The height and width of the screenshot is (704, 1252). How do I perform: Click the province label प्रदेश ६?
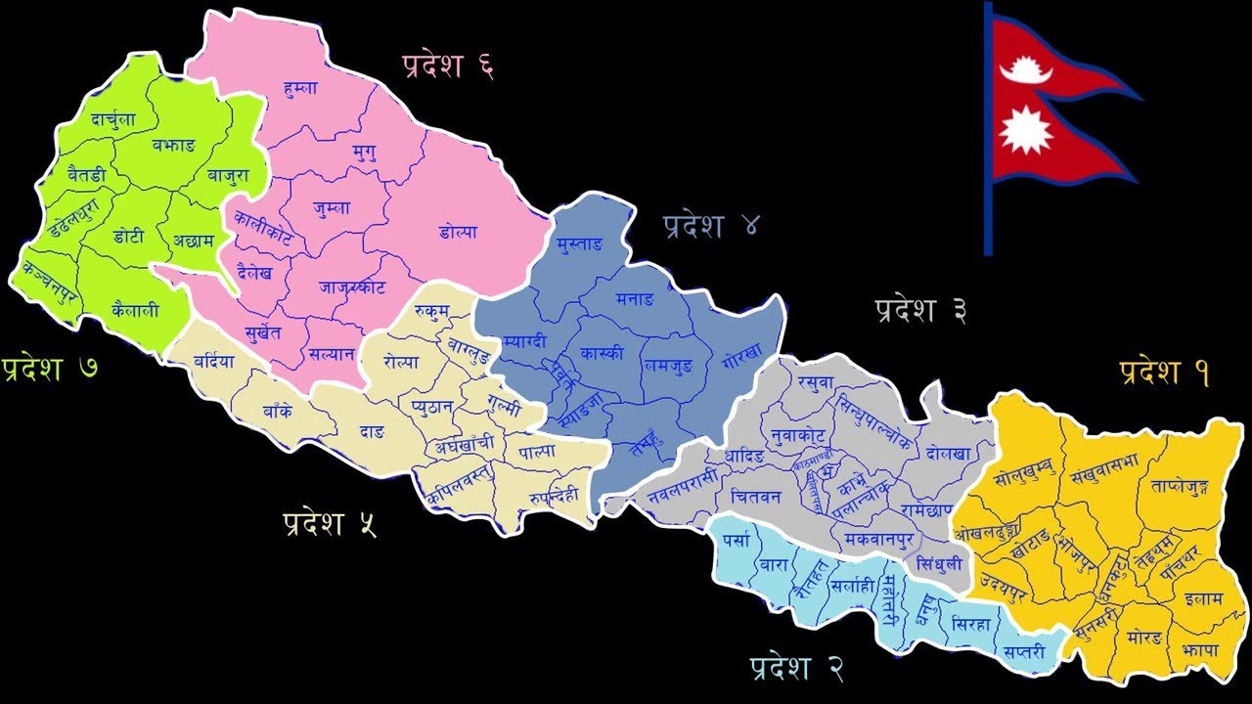coord(447,66)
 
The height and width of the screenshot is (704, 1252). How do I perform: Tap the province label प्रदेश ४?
coord(709,226)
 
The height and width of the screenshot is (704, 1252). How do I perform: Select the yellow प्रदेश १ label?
coord(1164,372)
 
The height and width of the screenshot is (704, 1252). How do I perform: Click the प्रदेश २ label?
coord(796,668)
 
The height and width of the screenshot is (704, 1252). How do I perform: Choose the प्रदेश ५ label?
coord(329,523)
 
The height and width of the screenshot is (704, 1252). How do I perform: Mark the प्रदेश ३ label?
coord(921,311)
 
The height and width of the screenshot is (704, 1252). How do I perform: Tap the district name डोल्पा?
coord(458,233)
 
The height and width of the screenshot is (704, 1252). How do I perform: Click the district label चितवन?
coord(755,497)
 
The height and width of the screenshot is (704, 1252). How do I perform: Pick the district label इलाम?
coord(1202,598)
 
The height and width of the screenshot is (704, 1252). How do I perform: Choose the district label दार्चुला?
coord(113,119)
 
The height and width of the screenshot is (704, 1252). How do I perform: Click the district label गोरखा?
coord(740,361)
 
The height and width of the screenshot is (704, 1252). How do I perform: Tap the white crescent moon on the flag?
coord(1026,70)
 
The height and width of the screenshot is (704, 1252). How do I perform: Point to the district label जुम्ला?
coord(334,208)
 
